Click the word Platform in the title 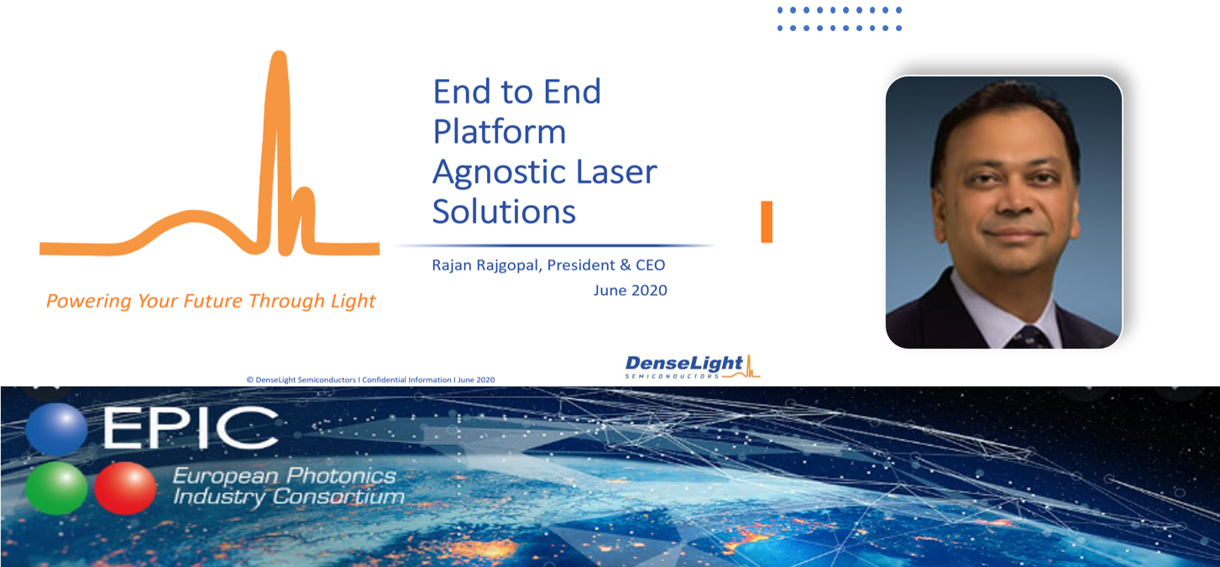point(500,132)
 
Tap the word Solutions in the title point(504,212)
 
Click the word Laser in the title point(616,171)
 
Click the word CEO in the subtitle point(651,265)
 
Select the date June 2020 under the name point(631,291)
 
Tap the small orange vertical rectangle point(767,222)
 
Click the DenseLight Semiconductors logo point(692,366)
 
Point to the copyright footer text point(370,380)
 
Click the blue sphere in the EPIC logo point(56,430)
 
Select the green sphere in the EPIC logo point(56,488)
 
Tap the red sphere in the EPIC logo point(125,488)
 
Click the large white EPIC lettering point(191,428)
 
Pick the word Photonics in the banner point(341,476)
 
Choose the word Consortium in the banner point(338,496)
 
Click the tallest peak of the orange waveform point(279,55)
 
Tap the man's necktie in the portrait point(1029,338)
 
